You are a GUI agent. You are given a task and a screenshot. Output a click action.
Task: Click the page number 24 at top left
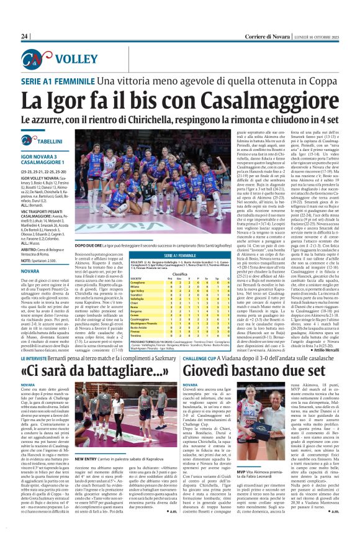[x=24, y=36]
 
